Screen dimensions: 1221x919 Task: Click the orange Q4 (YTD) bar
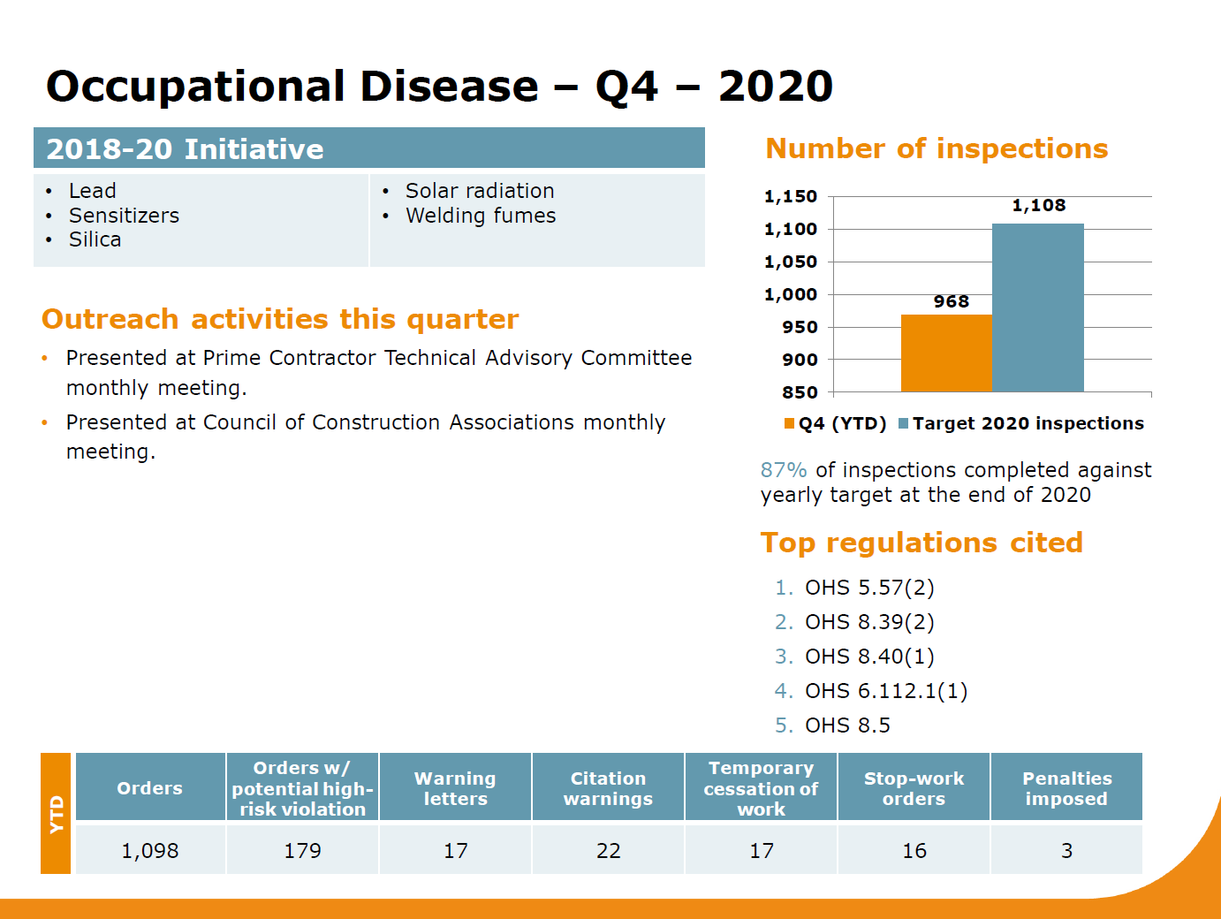point(946,353)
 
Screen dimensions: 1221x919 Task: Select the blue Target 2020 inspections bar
point(1038,308)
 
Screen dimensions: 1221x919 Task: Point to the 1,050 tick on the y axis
point(791,262)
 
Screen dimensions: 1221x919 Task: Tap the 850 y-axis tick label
point(800,392)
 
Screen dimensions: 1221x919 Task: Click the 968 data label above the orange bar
point(952,301)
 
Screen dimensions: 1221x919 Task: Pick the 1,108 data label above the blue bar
point(1038,205)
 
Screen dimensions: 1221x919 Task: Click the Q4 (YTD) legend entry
point(835,423)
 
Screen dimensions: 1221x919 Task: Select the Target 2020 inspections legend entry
point(1021,423)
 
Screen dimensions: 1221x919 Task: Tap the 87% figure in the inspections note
point(783,470)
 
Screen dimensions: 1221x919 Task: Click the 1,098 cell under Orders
point(150,851)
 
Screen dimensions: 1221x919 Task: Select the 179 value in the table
point(303,851)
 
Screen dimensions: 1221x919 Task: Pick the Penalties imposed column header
point(1067,788)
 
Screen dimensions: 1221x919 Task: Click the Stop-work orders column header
point(914,788)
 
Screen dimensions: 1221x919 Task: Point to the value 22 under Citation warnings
point(608,851)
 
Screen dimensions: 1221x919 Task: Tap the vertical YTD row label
point(57,814)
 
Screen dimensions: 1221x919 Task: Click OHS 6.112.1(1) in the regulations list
point(886,691)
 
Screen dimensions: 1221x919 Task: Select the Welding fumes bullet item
point(481,216)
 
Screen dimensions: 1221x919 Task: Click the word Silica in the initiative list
point(95,239)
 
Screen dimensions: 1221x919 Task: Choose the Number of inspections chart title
point(937,148)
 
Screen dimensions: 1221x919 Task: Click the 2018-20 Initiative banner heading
point(185,149)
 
